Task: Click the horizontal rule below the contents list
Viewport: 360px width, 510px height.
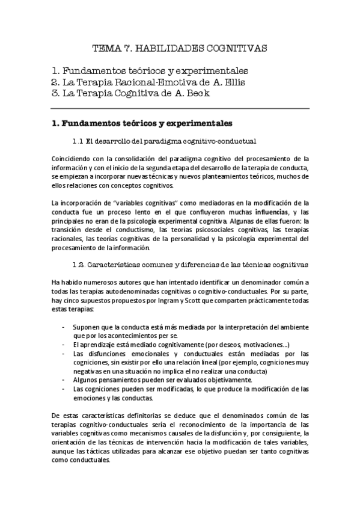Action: click(180, 109)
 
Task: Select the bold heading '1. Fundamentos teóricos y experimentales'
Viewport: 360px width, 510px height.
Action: click(141, 124)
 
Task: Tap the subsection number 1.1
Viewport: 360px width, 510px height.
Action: click(76, 141)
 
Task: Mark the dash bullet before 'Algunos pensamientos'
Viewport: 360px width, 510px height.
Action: click(64, 380)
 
